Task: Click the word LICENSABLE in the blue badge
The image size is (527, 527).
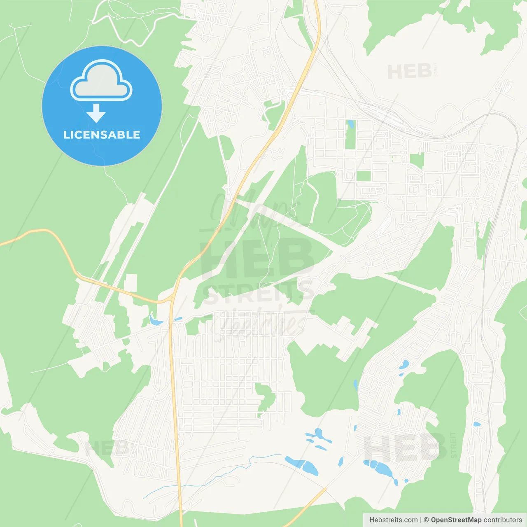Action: (x=102, y=135)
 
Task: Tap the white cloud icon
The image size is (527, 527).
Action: (x=101, y=81)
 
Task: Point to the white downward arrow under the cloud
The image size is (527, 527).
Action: (x=96, y=113)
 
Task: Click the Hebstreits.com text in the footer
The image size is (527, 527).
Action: (x=393, y=520)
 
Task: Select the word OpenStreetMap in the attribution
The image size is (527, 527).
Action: (x=456, y=520)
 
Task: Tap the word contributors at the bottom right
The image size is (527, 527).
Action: (x=503, y=520)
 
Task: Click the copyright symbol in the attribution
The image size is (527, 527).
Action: (x=426, y=520)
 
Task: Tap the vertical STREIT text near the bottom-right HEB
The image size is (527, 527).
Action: (x=453, y=445)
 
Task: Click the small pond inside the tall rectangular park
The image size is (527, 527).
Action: (x=350, y=124)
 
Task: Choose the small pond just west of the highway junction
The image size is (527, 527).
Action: (x=156, y=320)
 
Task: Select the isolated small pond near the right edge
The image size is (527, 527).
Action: (x=477, y=424)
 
